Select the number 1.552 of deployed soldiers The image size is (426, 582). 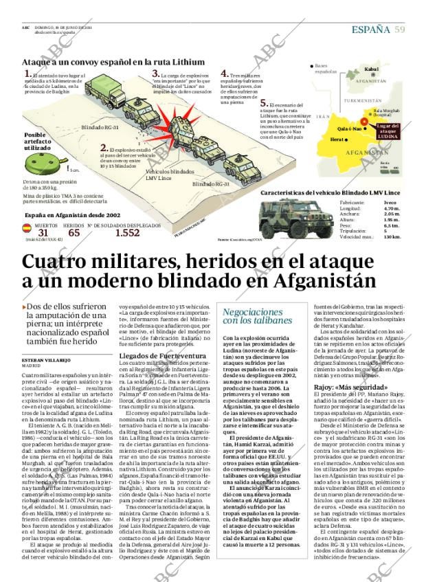[x=127, y=233]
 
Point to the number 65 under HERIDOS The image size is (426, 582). [x=74, y=233]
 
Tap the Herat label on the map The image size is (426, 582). [x=337, y=139]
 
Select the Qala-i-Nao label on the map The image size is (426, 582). [x=350, y=128]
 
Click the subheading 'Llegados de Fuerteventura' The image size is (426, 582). [x=162, y=356]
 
